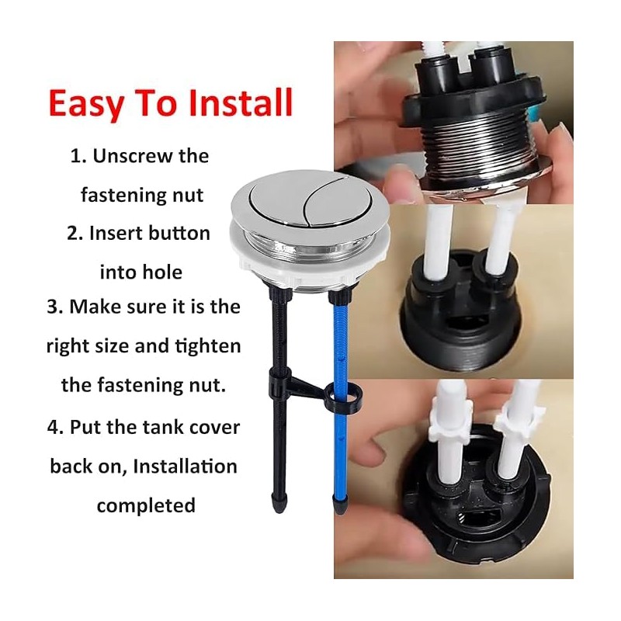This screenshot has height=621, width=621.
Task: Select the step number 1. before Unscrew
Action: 78,156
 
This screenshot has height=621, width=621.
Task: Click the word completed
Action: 145,505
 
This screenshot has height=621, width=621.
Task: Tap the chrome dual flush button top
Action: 287,203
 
